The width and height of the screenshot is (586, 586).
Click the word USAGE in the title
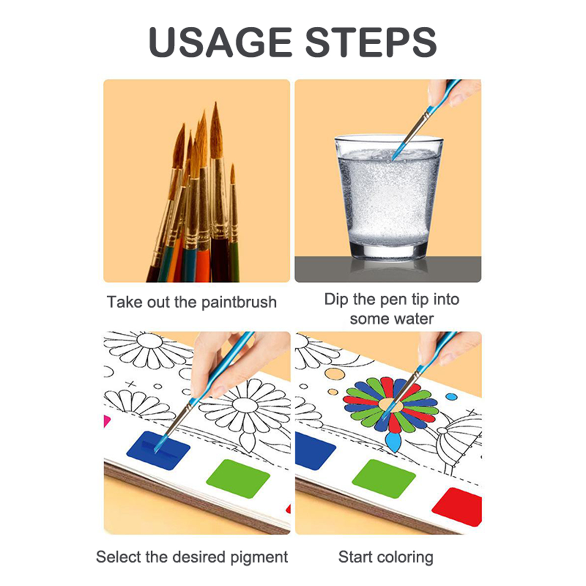[220, 42]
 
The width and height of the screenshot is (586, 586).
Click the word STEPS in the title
[371, 42]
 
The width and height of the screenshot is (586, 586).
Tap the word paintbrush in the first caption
[239, 303]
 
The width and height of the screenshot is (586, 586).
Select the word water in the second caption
[413, 319]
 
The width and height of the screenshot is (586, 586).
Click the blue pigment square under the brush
[158, 450]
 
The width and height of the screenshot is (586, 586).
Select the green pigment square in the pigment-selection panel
[238, 478]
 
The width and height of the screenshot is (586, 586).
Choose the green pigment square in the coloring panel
[384, 478]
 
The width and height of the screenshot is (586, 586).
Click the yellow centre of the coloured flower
[390, 405]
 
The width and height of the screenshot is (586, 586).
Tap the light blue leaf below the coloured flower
[394, 442]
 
